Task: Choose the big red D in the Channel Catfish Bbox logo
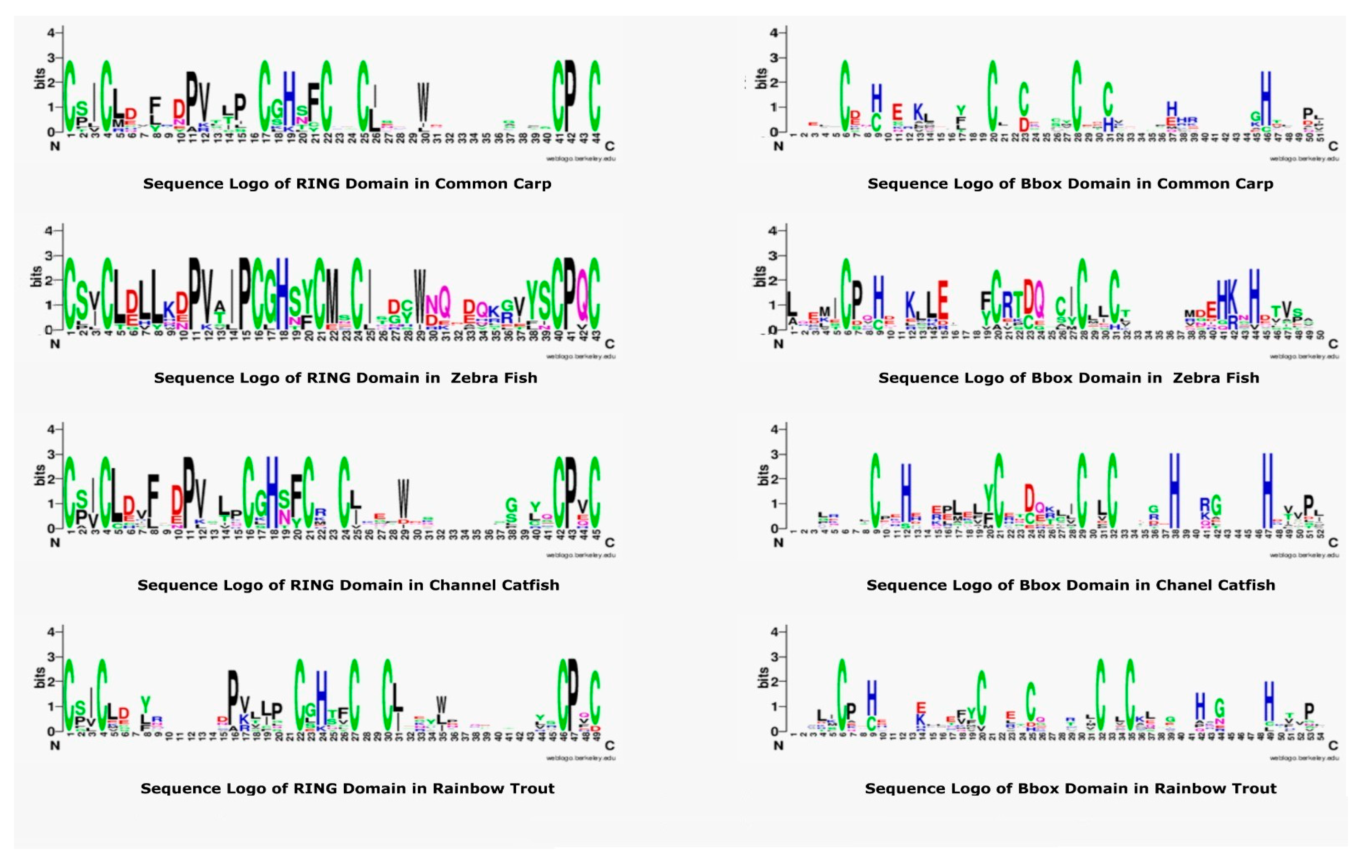(1029, 498)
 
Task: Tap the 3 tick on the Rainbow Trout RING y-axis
(51, 657)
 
